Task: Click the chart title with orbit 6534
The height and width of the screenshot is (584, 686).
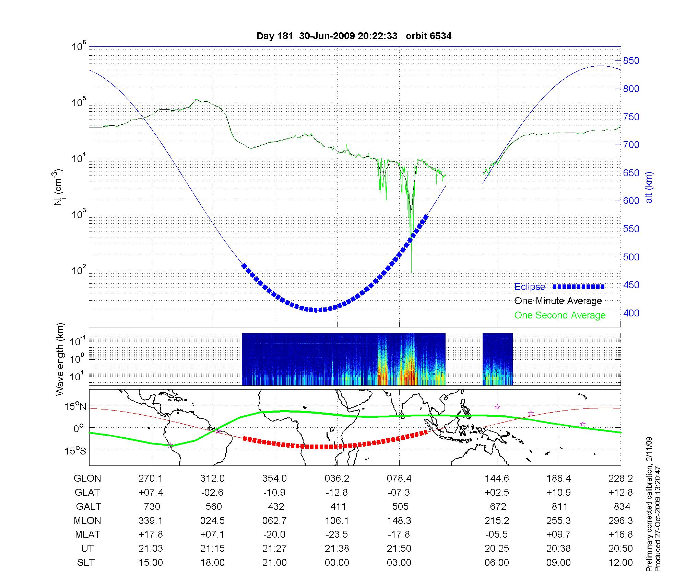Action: click(354, 36)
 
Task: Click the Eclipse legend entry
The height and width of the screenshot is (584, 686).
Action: click(530, 287)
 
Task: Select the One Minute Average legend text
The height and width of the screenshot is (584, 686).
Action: click(558, 301)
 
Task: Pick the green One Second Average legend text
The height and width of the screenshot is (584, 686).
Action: click(560, 315)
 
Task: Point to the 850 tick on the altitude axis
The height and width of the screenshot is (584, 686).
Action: click(631, 61)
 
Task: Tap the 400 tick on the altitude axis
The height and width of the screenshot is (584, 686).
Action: click(631, 313)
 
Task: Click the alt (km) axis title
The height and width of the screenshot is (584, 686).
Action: click(649, 187)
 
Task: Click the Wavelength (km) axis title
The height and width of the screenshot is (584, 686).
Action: click(60, 359)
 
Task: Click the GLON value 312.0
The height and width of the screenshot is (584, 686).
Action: click(213, 479)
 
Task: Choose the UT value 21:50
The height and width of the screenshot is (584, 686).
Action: click(399, 548)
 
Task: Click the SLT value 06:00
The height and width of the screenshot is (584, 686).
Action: click(497, 562)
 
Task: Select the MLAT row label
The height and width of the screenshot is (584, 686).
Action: click(87, 535)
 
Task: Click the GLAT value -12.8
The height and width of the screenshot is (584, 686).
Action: click(337, 493)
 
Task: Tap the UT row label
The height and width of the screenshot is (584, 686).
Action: click(87, 548)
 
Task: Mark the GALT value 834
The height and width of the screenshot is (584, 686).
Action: click(622, 506)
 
